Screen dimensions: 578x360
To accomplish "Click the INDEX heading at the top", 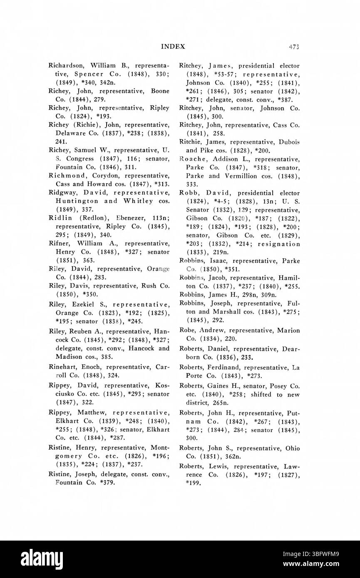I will coord(172,47).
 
